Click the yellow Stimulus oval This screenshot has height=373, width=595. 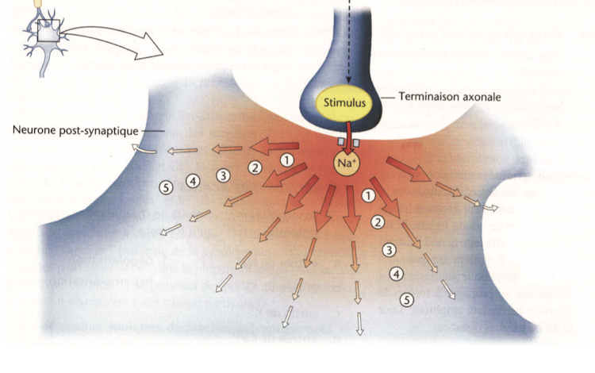coord(345,102)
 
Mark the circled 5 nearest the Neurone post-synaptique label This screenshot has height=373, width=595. coord(166,187)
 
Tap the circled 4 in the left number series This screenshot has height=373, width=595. coord(193,182)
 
